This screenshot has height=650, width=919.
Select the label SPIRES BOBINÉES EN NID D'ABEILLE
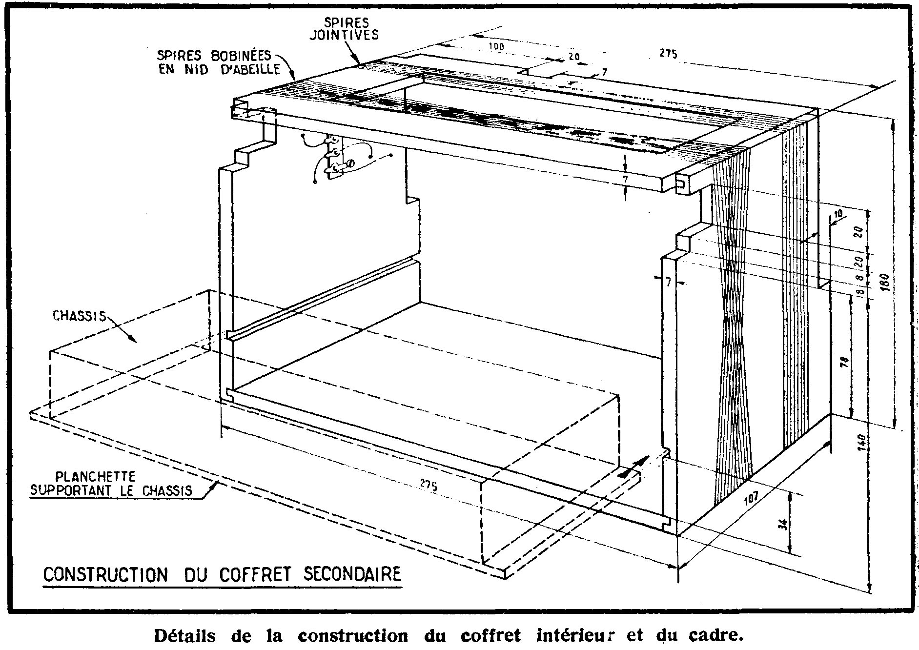click(218, 62)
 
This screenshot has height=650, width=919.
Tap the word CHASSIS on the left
click(79, 316)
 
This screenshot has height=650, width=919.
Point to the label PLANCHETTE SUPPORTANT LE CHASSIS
click(111, 483)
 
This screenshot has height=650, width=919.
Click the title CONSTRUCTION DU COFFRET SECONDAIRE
click(222, 574)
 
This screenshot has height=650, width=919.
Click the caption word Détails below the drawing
click(185, 636)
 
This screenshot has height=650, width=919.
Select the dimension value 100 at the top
click(496, 47)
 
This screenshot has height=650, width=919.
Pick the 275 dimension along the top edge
click(669, 54)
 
